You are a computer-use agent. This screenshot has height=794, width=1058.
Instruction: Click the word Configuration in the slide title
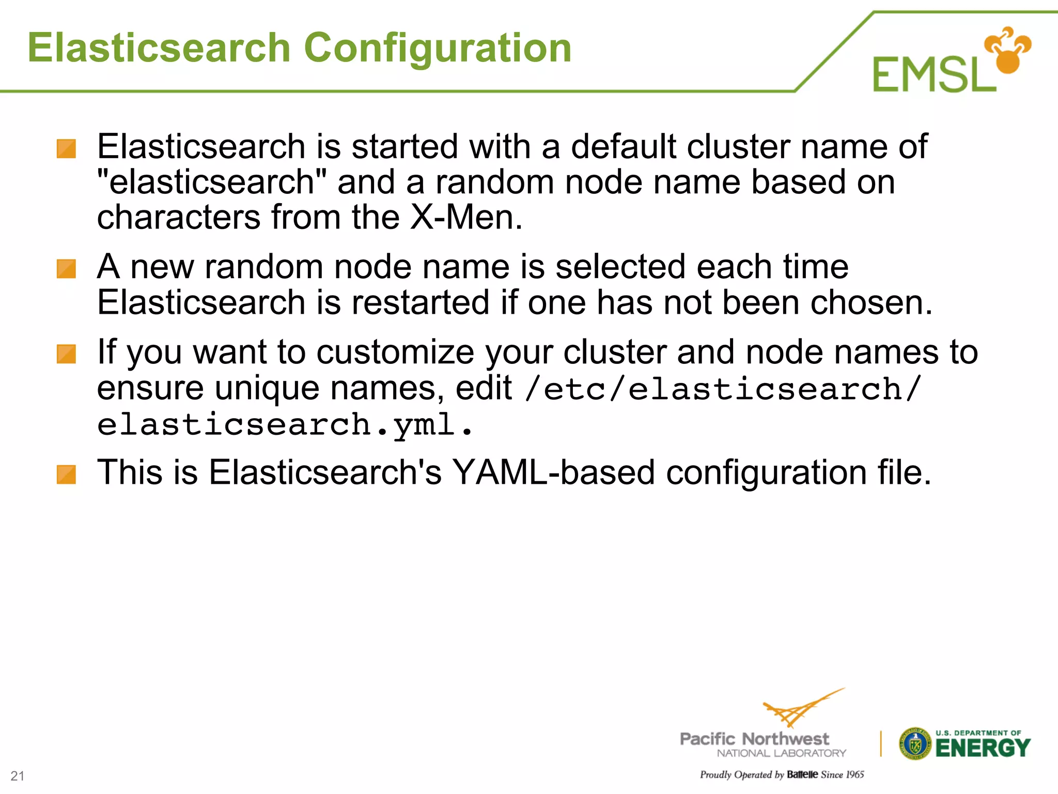click(438, 48)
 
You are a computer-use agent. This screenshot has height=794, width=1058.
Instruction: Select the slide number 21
click(18, 775)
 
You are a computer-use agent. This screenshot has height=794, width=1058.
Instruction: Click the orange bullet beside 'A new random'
click(66, 269)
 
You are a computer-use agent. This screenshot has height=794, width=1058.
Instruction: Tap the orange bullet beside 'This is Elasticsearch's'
click(66, 475)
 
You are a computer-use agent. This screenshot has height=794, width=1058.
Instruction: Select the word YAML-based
click(553, 472)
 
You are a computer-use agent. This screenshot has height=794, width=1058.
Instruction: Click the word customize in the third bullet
click(395, 352)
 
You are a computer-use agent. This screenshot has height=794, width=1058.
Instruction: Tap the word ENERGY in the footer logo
click(983, 748)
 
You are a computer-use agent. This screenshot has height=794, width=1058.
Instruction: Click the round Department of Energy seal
click(915, 744)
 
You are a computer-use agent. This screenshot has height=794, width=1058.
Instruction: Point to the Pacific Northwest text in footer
click(754, 739)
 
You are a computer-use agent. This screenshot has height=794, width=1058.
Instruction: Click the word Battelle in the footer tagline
click(802, 774)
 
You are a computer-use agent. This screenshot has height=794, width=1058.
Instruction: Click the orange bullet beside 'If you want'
click(66, 354)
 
